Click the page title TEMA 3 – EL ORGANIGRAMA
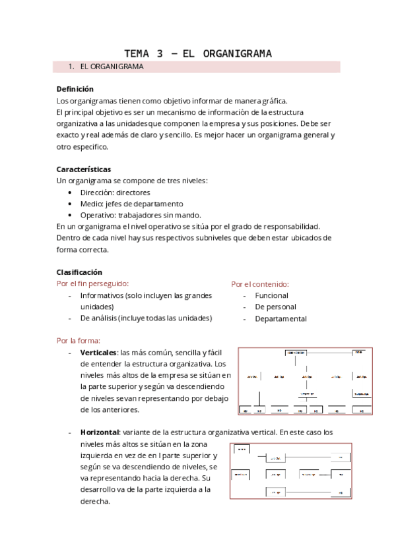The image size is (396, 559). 198,53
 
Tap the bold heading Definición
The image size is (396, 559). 75,89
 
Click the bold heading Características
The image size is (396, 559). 84,169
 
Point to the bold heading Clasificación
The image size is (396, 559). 79,272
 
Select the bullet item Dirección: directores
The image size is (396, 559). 115,192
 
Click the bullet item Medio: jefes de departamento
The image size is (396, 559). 131,204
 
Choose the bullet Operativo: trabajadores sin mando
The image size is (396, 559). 141,215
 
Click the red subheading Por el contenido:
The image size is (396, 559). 260,284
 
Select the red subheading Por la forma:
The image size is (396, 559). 79,341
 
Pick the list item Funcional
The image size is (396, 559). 271,295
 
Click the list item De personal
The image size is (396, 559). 275,307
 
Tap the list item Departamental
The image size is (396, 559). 280,319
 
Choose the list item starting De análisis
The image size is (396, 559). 146,318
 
